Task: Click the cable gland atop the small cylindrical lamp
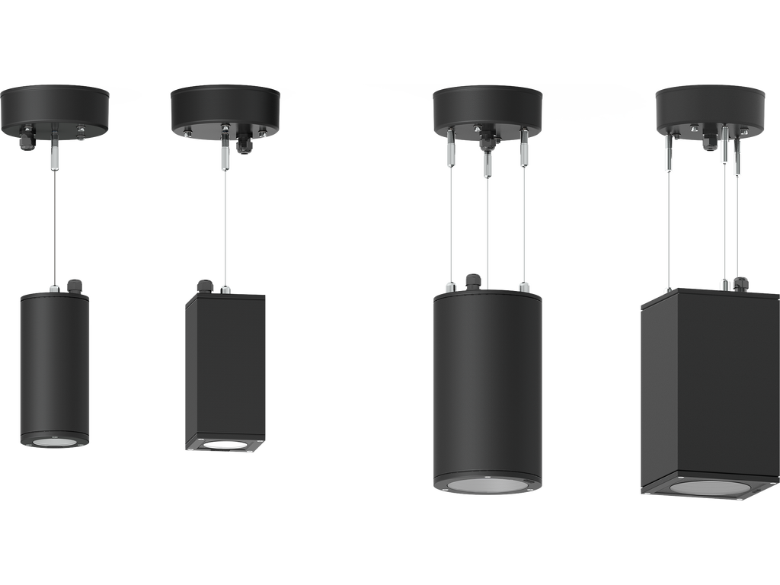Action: [x=74, y=285]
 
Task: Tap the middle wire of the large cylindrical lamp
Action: [x=487, y=229]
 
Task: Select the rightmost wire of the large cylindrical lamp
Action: [x=524, y=229]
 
